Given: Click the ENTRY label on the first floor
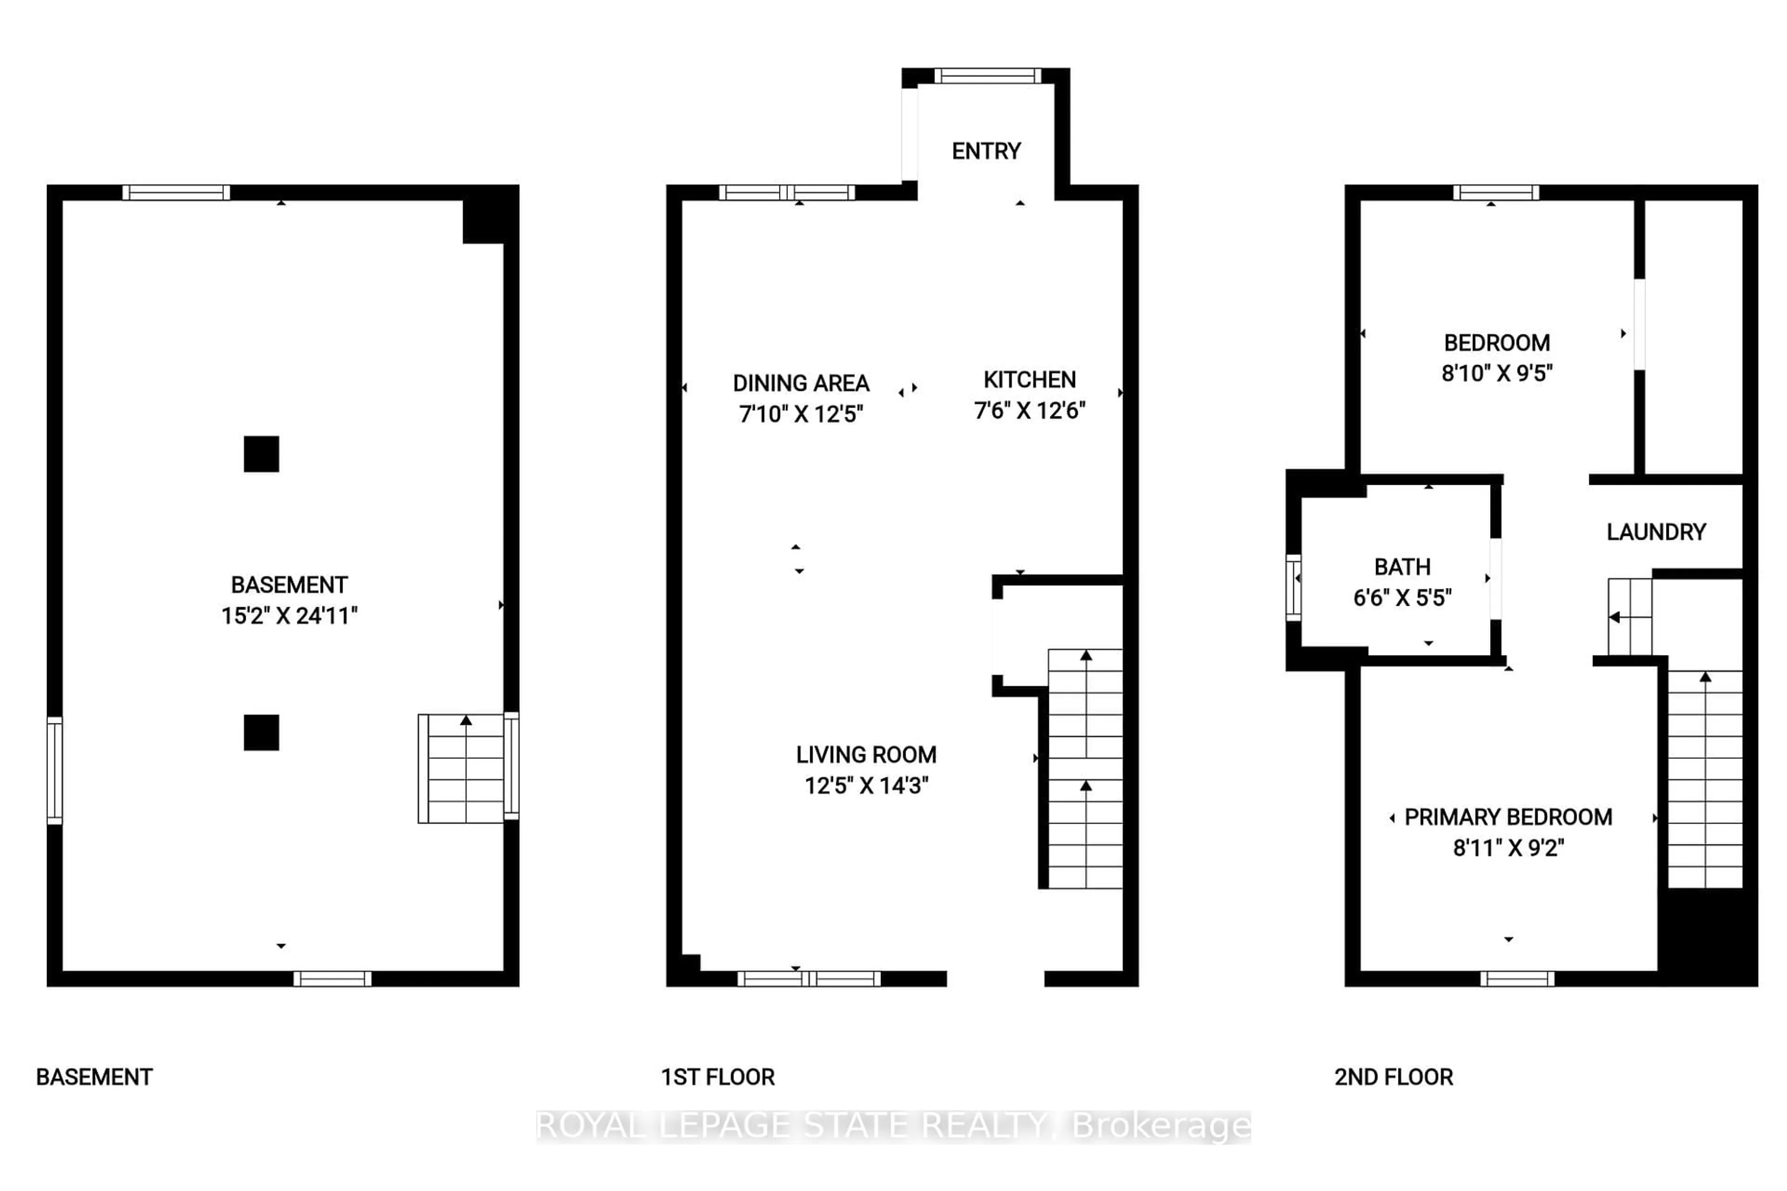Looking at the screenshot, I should [986, 151].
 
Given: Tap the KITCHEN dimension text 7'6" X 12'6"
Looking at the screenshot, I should [1029, 411].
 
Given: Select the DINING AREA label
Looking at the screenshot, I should [801, 383].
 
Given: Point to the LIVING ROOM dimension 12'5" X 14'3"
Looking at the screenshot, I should [866, 785].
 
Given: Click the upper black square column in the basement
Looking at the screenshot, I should [262, 454].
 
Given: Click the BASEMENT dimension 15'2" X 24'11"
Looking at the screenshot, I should [289, 615].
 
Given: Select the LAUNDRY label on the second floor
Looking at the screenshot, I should [1656, 532].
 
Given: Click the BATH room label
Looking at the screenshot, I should [1402, 567].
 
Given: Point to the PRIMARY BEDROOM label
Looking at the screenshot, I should [1508, 817].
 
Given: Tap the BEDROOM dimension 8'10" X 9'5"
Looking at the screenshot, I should [1497, 373].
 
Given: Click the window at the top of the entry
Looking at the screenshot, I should [987, 75].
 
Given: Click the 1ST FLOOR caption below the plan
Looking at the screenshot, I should [717, 1077].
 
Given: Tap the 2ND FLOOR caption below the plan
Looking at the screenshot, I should [1393, 1077].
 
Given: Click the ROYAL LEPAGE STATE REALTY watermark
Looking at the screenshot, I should [893, 1126].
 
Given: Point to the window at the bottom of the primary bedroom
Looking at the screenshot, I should [1517, 978].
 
